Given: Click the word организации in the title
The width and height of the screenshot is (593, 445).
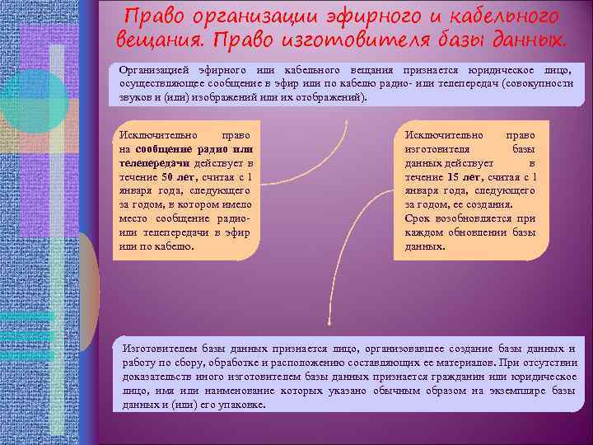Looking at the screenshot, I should pyautogui.click(x=238, y=16).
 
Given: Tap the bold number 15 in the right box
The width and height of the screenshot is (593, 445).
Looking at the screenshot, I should pyautogui.click(x=453, y=176).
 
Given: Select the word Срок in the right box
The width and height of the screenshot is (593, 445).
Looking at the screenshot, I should pyautogui.click(x=416, y=218).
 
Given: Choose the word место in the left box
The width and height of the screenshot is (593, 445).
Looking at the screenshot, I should pyautogui.click(x=133, y=218).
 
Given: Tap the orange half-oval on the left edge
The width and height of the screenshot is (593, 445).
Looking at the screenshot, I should pyautogui.click(x=90, y=288).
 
